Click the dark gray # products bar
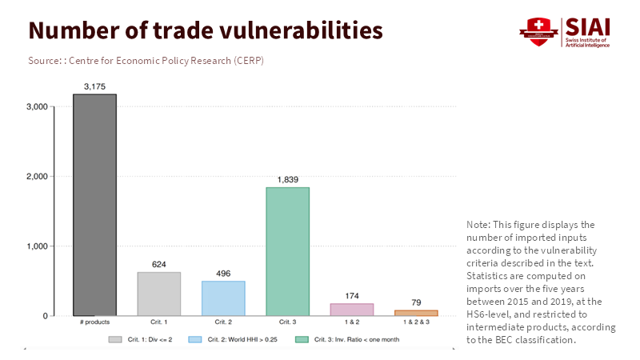(x=95, y=205)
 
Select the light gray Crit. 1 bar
(x=159, y=294)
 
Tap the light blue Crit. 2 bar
(x=223, y=298)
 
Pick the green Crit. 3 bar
(x=287, y=251)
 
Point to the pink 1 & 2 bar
(x=351, y=310)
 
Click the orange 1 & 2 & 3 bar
(x=416, y=313)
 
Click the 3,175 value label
(x=95, y=86)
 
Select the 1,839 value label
(x=287, y=179)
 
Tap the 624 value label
(x=159, y=264)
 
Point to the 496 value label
(x=223, y=273)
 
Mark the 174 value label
(x=351, y=295)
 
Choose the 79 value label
(x=416, y=302)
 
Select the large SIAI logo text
(x=587, y=26)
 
